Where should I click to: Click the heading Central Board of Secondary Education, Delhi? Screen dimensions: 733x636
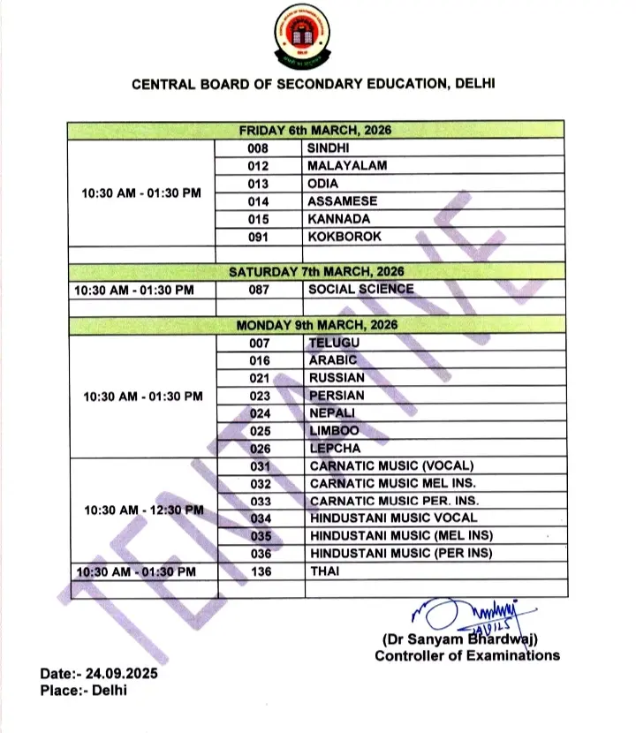[314, 85]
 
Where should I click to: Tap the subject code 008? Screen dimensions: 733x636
[258, 148]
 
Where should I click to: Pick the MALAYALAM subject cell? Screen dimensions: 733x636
[347, 166]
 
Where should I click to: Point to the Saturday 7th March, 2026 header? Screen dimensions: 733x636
[315, 272]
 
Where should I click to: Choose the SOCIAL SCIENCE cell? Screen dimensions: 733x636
[360, 289]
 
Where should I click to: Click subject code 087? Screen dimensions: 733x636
[258, 289]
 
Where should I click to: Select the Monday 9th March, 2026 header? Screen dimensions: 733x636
[315, 325]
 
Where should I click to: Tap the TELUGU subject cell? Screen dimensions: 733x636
[334, 343]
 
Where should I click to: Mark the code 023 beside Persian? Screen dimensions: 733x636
[258, 396]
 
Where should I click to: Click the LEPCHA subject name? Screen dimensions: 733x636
[334, 449]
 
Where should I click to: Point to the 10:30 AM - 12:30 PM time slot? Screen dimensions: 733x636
[142, 510]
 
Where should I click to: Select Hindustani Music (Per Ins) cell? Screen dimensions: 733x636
[401, 554]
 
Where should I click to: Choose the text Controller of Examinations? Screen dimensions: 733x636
[466, 655]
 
